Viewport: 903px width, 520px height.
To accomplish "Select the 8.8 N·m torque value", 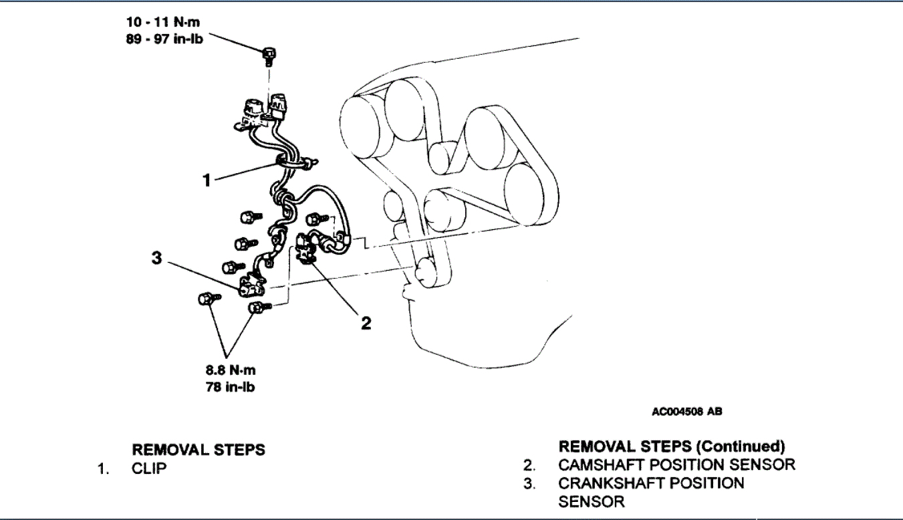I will [x=231, y=370].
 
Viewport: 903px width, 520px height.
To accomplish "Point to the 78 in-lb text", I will [x=231, y=387].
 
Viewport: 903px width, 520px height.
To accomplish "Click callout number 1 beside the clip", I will [x=207, y=180].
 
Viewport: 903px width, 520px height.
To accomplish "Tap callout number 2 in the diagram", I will [x=366, y=323].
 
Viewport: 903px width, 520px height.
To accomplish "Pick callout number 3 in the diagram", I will [x=156, y=258].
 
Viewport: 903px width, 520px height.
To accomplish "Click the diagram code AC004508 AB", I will [x=687, y=412].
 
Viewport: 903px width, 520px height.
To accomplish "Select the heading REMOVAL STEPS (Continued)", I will [x=672, y=446].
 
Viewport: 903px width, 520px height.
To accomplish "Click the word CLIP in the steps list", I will [x=149, y=468].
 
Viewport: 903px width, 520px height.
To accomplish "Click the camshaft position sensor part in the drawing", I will [x=308, y=247].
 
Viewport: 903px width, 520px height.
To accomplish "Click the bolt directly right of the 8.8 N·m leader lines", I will [x=257, y=307].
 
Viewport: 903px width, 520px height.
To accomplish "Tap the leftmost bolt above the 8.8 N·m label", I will [x=207, y=299].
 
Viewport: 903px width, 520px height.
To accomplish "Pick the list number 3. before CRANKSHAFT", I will [x=529, y=483].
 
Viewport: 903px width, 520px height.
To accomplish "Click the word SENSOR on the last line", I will [x=592, y=501].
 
